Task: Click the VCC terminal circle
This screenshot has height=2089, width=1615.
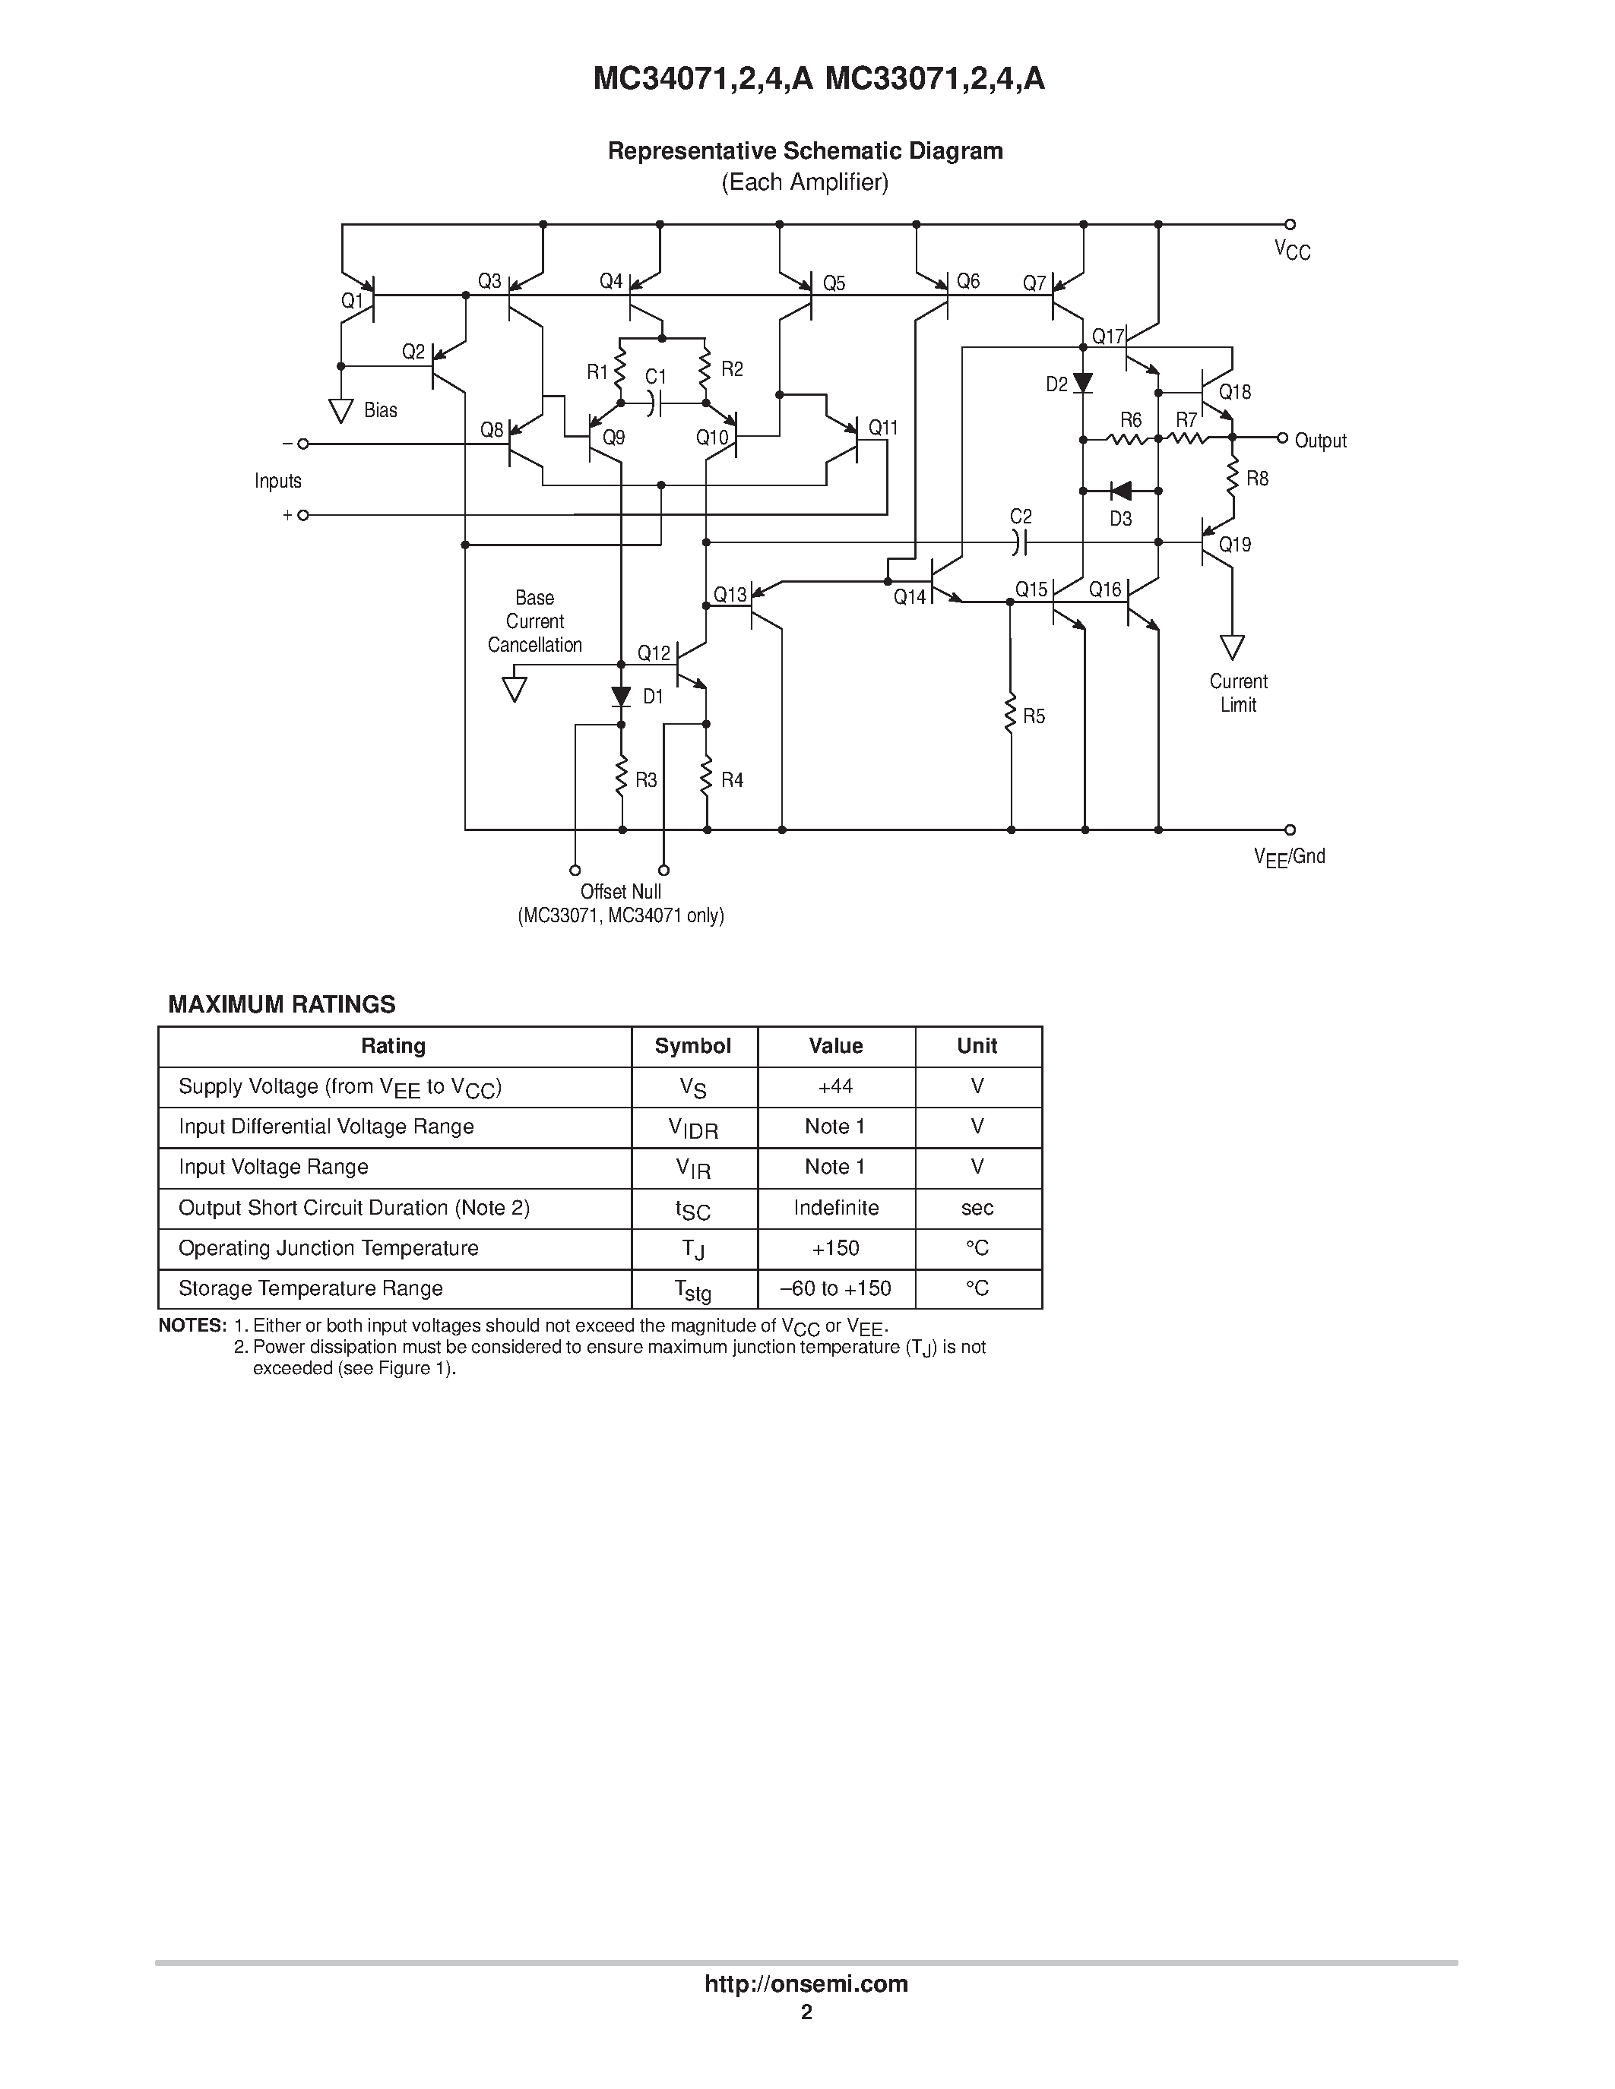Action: pyautogui.click(x=1290, y=225)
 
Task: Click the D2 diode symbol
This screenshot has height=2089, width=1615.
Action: pyautogui.click(x=1083, y=384)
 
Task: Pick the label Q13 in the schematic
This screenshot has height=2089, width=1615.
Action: pyautogui.click(x=730, y=595)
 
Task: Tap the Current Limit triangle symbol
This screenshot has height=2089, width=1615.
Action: pyautogui.click(x=1232, y=647)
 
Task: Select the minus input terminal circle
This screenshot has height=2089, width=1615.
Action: pyautogui.click(x=303, y=444)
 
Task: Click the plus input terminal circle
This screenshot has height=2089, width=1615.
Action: pyautogui.click(x=303, y=514)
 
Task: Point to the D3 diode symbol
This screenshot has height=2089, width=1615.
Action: pyautogui.click(x=1120, y=491)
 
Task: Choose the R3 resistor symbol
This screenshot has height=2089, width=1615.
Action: pyautogui.click(x=622, y=776)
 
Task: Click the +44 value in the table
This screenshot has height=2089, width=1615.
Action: pyautogui.click(x=835, y=1086)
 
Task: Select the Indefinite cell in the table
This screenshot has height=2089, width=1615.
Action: pyautogui.click(x=835, y=1208)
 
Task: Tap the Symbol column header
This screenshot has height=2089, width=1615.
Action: pyautogui.click(x=692, y=1047)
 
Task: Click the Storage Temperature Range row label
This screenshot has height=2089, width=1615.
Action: pyautogui.click(x=311, y=1288)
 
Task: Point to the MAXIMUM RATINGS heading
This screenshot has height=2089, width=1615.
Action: pyautogui.click(x=281, y=1004)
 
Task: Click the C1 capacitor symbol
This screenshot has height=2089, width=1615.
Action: pyautogui.click(x=654, y=403)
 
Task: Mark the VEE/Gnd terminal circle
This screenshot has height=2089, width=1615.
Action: pyautogui.click(x=1290, y=830)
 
